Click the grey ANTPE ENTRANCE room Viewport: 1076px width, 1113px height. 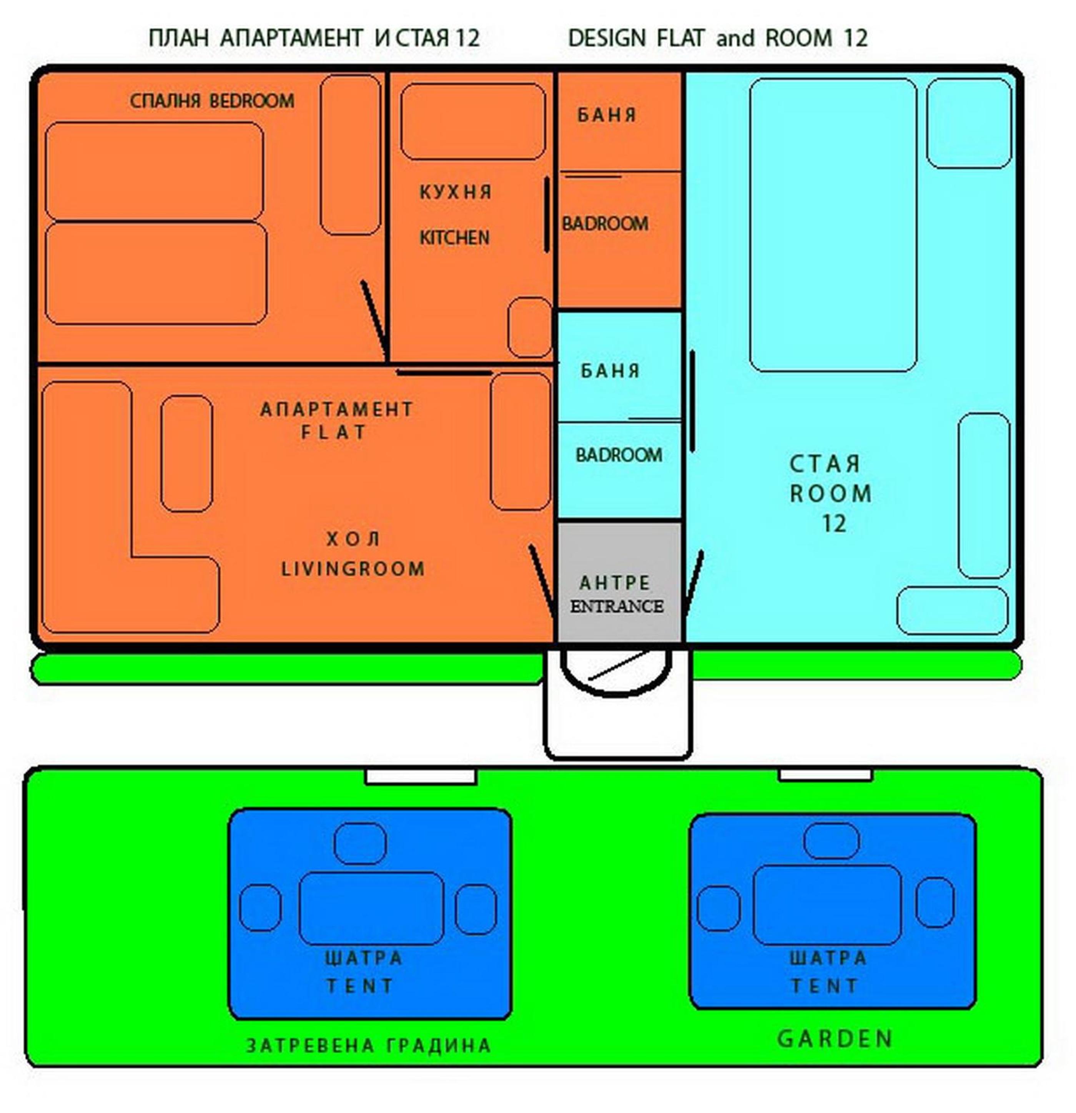tap(619, 582)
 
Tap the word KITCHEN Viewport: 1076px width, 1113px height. tap(454, 238)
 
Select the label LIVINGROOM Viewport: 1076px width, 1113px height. tap(353, 569)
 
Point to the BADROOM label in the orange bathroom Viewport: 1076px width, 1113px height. tap(604, 224)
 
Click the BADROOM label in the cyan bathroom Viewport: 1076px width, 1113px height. tap(619, 455)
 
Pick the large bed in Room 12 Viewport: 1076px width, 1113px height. tap(833, 225)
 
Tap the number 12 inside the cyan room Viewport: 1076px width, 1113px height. tap(834, 523)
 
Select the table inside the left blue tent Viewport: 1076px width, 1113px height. tap(371, 908)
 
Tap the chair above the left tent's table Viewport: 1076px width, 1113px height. tap(359, 843)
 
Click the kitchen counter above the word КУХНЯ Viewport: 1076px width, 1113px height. tap(473, 121)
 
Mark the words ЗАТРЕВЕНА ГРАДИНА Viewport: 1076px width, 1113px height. tap(368, 1045)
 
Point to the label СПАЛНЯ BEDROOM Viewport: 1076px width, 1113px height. tap(212, 101)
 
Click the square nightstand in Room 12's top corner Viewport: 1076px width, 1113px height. tap(969, 123)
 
